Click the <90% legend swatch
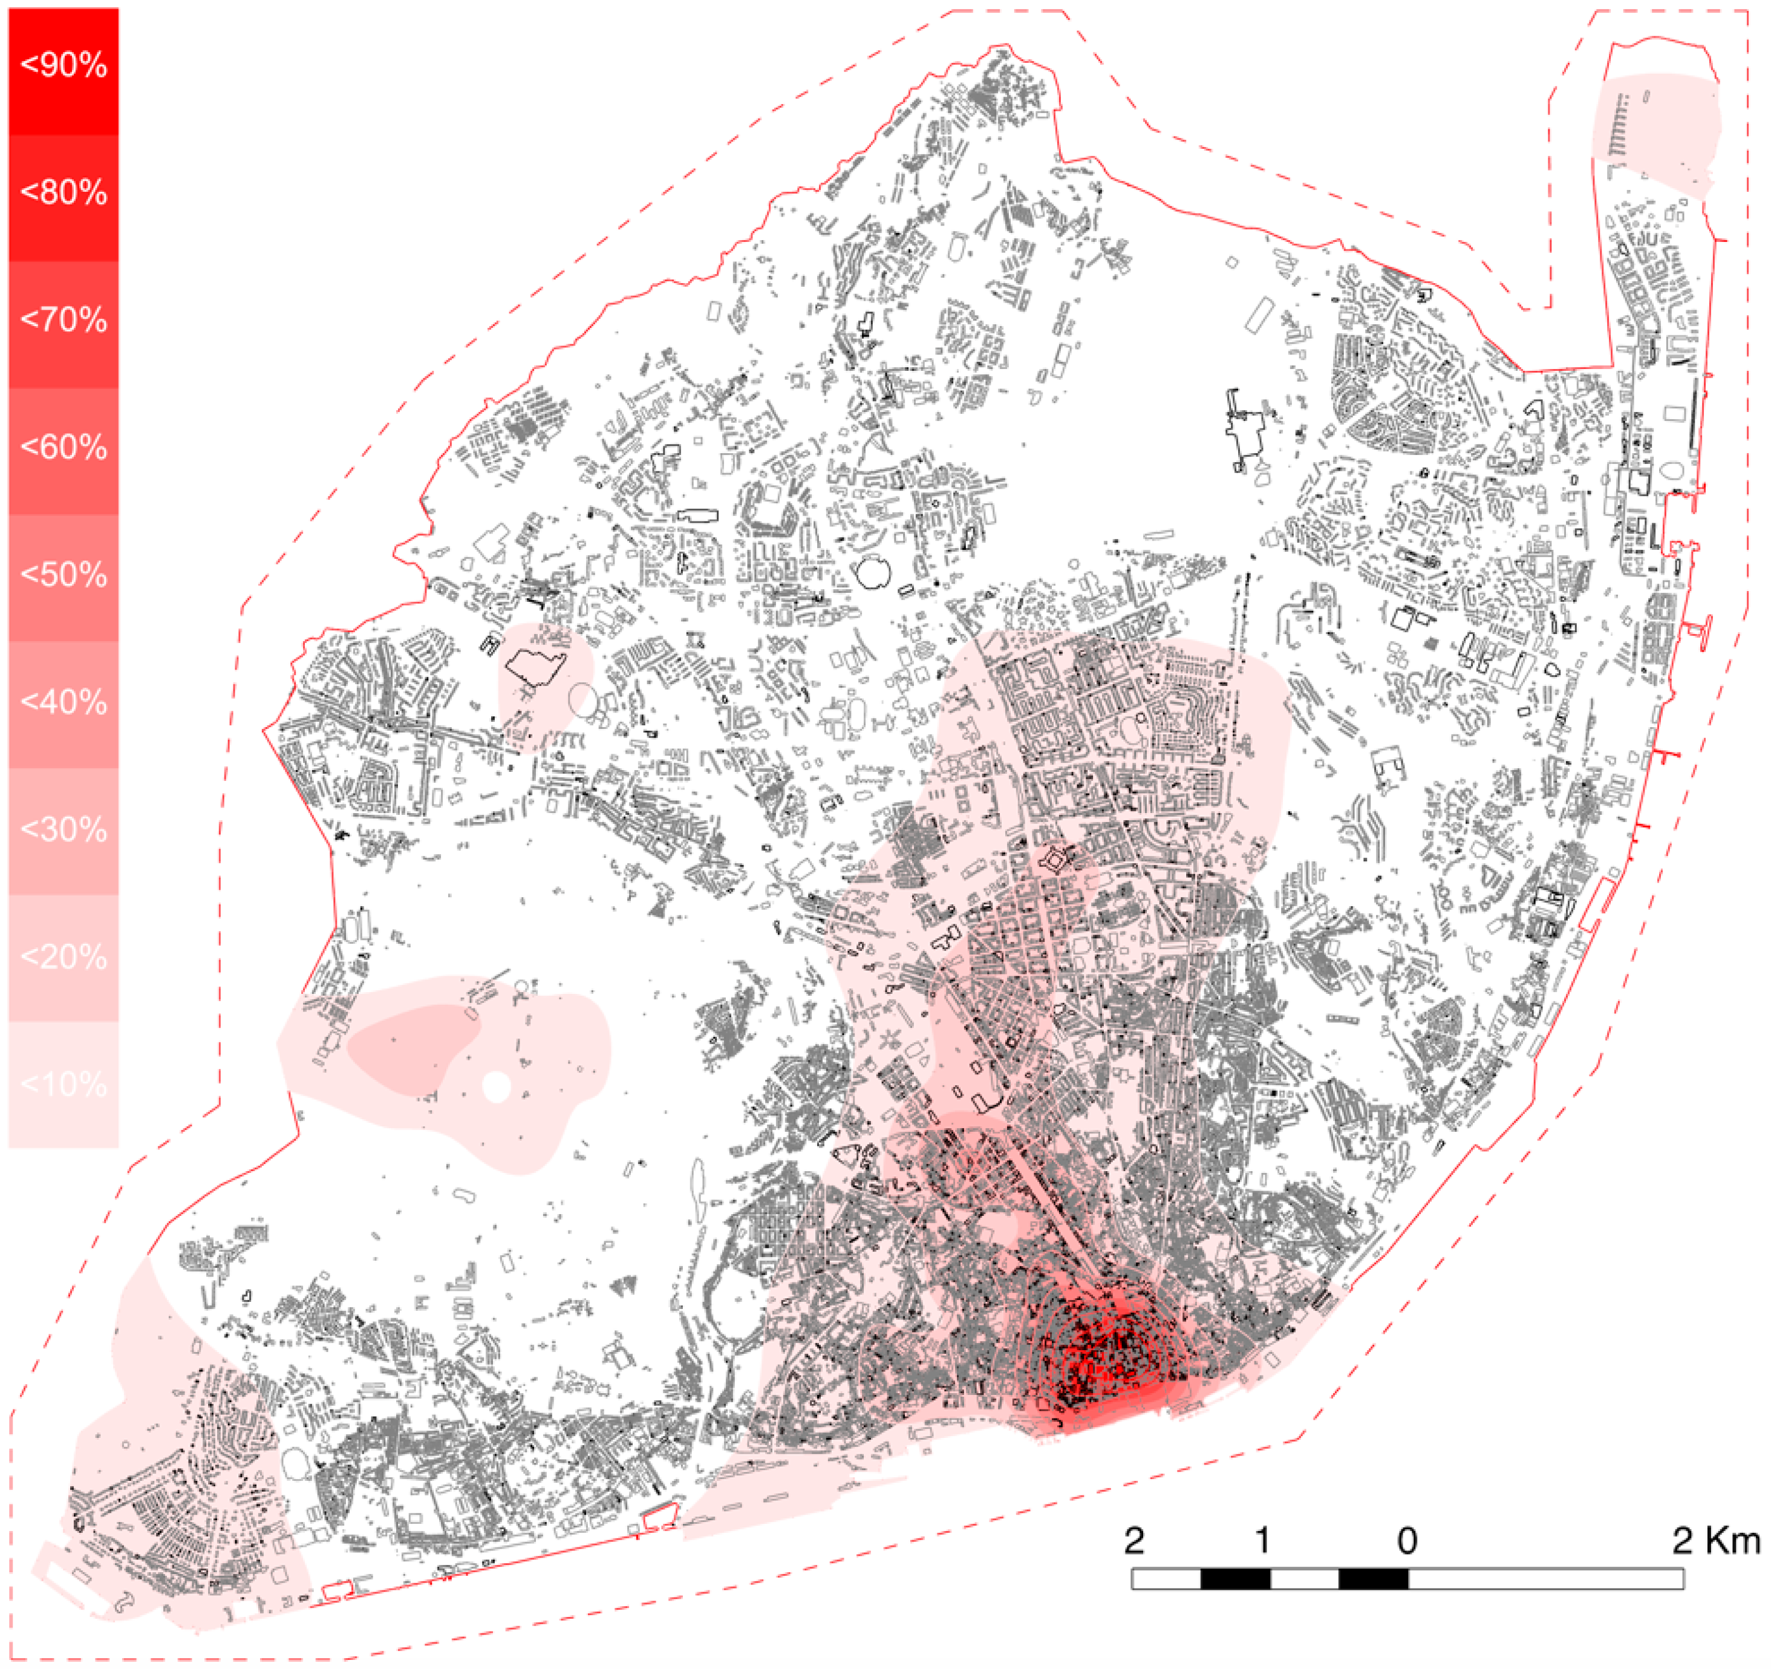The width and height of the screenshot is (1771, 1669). point(64,71)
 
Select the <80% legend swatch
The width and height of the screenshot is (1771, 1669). point(64,198)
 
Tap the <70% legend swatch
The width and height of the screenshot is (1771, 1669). point(64,324)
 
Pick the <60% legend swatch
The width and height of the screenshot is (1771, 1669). point(64,452)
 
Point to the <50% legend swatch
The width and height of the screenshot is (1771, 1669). point(64,578)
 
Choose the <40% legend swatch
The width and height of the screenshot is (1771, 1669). point(64,705)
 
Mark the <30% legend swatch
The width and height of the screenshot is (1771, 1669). point(64,831)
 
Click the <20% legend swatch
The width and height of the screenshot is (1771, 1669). point(64,958)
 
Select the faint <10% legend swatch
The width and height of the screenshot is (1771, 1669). point(64,1085)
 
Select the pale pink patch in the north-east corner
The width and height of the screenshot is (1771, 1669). point(1657,134)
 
